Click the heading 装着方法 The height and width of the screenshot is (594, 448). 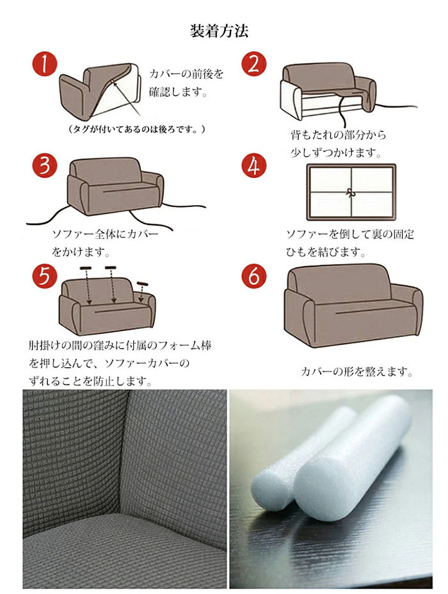219,31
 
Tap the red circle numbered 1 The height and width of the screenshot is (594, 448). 44,64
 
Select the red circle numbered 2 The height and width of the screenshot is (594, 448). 254,64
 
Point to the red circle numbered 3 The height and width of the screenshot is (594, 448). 44,165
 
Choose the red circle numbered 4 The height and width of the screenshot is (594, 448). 254,165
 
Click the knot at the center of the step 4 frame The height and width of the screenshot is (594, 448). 351,193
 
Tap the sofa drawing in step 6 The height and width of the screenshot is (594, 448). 353,306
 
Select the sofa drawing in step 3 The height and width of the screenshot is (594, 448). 115,186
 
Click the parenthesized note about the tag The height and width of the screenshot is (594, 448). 137,129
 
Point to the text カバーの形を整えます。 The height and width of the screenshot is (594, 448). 357,372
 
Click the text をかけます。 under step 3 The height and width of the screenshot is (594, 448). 81,252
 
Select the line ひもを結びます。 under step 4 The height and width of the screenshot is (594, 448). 326,252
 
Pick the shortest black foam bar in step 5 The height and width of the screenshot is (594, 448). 143,284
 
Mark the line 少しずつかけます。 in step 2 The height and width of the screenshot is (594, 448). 336,153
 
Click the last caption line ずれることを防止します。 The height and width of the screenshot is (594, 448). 90,381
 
